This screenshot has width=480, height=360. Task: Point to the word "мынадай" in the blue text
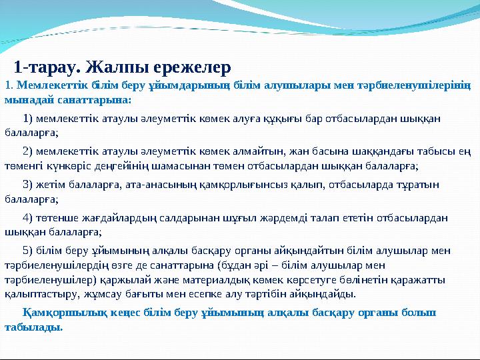23,100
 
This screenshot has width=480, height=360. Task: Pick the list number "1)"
29,119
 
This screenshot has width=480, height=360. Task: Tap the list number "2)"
29,149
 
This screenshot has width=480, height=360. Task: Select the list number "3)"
29,184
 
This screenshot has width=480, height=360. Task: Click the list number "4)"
29,217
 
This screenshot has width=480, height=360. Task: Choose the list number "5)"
29,251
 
